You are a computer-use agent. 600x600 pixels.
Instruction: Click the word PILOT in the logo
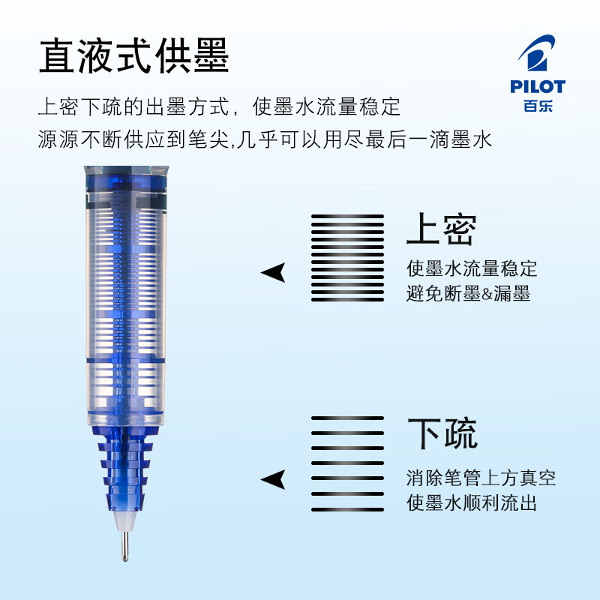(538, 87)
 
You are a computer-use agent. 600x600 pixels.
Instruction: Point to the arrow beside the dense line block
(274, 272)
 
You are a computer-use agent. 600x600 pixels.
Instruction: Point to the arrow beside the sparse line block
(274, 478)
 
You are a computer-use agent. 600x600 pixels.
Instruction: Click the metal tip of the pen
(122, 546)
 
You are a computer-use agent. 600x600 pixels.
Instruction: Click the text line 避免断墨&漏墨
(468, 293)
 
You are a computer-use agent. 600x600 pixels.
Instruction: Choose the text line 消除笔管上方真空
(481, 477)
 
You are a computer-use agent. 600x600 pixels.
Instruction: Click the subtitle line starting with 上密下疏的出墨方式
(219, 106)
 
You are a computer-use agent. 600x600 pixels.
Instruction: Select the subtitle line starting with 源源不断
(264, 139)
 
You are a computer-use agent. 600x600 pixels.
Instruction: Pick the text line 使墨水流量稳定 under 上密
(472, 268)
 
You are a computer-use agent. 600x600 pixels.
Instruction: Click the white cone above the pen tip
(121, 519)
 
